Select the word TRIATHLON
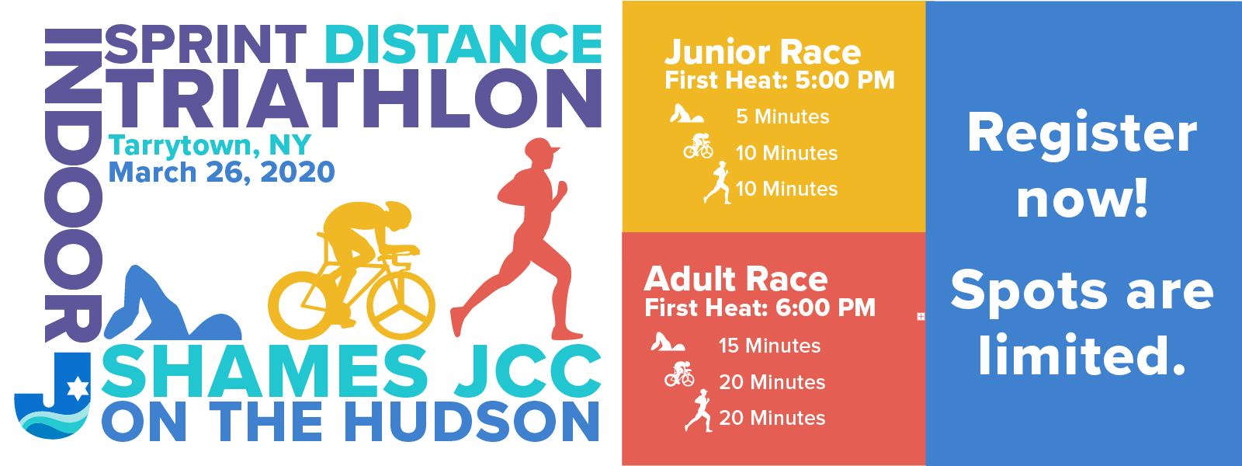point(353,99)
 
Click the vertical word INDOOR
point(73,186)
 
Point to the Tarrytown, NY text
point(210,145)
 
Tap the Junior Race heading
point(763,54)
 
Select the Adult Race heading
point(736,279)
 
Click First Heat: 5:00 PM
point(779,81)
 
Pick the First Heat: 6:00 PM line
point(760,308)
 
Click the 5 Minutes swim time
point(782,116)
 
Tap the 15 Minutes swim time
point(769,346)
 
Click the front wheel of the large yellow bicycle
point(401,304)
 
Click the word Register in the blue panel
point(1082,134)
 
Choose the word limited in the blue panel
point(1082,355)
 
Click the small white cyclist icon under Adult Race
point(679,374)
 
